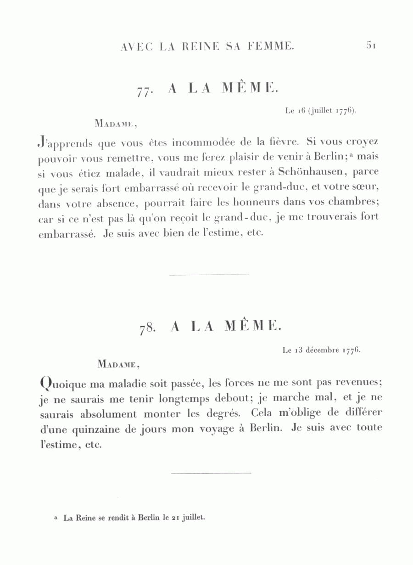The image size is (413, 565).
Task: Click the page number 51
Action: (x=371, y=45)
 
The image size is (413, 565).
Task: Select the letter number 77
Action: (x=144, y=90)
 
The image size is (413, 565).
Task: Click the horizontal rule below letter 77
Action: (x=209, y=274)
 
